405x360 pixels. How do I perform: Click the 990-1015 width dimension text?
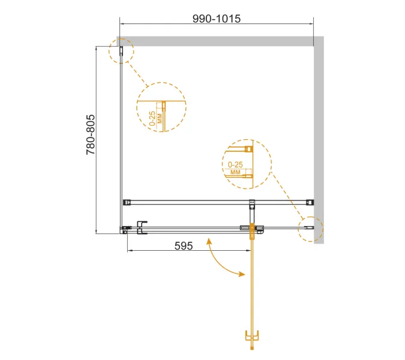coord(217,19)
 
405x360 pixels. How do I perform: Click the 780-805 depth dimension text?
coord(91,135)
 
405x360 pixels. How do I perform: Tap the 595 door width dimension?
coord(184,246)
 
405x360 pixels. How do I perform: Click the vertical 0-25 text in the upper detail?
coord(152,119)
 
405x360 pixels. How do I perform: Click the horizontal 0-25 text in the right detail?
coord(235,164)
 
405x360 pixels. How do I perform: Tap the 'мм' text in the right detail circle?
coord(235,172)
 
